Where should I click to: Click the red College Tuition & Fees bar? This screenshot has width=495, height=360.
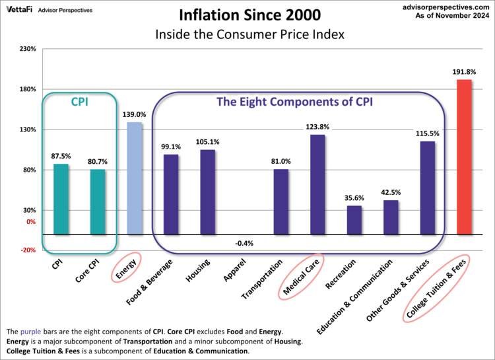point(464,157)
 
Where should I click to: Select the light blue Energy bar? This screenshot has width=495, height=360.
point(134,178)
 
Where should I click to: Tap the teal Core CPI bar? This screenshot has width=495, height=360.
point(98,202)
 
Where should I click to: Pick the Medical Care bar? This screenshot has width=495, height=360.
point(317,185)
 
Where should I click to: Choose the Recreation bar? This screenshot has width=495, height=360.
point(354,220)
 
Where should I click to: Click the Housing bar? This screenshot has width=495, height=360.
point(207,192)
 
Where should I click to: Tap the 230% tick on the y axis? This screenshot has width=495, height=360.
point(27,49)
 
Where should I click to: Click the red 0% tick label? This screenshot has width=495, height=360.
point(30,222)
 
